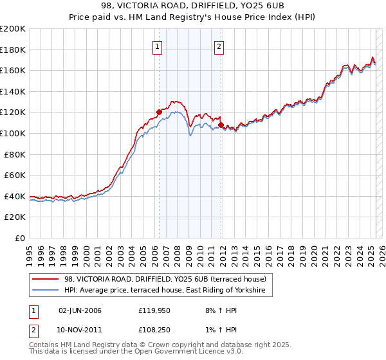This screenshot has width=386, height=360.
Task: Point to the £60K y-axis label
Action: [x=15, y=175]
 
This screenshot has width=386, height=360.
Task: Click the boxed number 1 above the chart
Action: [x=158, y=46]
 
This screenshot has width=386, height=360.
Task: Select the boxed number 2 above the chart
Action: [x=219, y=46]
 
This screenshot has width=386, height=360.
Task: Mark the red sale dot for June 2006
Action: [x=159, y=112]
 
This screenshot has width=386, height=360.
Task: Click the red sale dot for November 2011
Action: [x=221, y=124]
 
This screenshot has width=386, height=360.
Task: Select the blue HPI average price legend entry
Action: [x=169, y=291]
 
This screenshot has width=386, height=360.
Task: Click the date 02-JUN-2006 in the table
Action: [x=80, y=310]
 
